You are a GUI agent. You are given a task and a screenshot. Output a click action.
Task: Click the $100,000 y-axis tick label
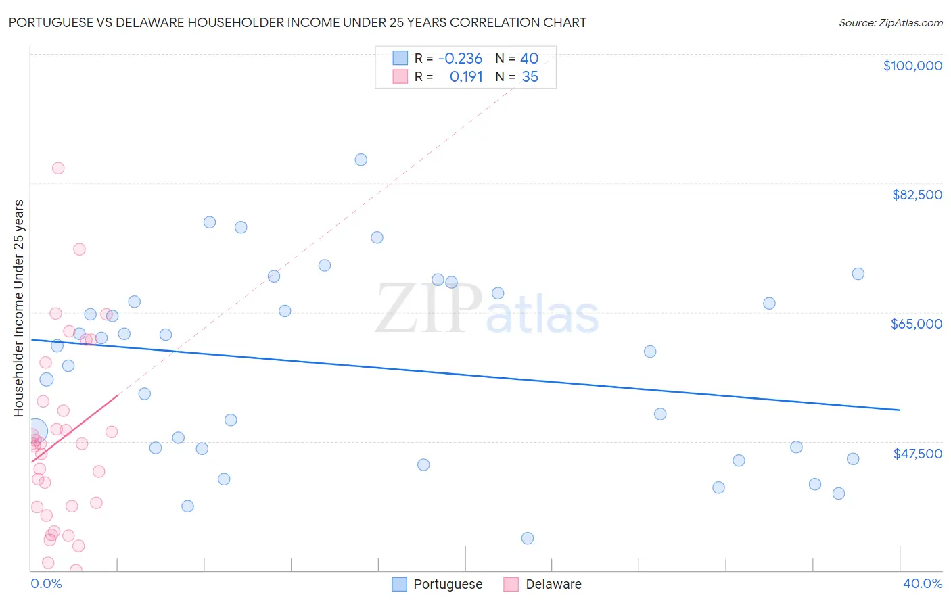click(x=912, y=66)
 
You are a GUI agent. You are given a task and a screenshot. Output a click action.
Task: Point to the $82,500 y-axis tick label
click(x=917, y=195)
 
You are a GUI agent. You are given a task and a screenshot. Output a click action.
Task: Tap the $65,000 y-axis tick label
click(x=916, y=324)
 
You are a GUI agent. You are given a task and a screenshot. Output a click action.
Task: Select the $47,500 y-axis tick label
click(x=917, y=454)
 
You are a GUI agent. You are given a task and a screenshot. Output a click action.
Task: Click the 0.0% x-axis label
click(x=47, y=583)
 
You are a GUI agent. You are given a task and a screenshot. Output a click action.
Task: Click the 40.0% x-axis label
click(x=922, y=583)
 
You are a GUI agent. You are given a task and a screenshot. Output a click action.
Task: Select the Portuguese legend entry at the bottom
click(x=438, y=584)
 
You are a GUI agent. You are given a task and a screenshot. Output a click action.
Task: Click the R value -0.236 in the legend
click(x=460, y=59)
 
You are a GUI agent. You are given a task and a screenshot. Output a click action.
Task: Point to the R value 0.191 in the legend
click(x=466, y=77)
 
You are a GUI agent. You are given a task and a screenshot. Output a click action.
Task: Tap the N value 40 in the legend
click(x=529, y=59)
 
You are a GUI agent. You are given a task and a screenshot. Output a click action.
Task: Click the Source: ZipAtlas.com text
click(x=890, y=23)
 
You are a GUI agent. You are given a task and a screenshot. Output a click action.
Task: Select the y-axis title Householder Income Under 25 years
click(x=19, y=308)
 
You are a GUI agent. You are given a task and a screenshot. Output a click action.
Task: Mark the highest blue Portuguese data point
click(x=361, y=160)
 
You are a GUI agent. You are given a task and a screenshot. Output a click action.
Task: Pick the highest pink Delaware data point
click(x=58, y=168)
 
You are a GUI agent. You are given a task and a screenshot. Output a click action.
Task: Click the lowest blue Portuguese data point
click(x=528, y=538)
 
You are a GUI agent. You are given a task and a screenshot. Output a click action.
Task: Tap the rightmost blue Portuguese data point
click(x=858, y=274)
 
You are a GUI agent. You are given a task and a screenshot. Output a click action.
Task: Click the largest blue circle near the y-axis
click(x=36, y=430)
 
